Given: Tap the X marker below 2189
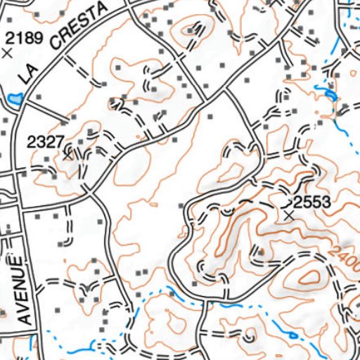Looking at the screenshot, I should [x=8, y=53].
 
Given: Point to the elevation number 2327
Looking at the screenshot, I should [x=42, y=141].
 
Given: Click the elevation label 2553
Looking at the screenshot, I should [x=311, y=202].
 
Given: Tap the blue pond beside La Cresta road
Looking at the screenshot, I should [x=14, y=101].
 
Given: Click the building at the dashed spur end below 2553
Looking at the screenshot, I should [x=261, y=251].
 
